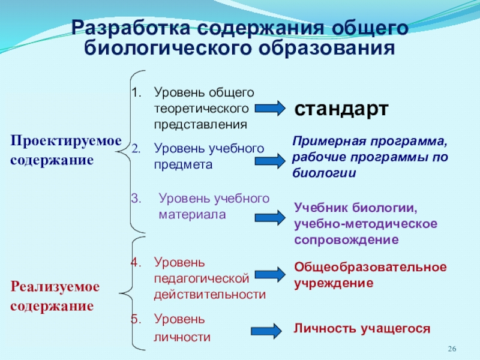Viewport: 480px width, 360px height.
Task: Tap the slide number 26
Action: (453, 350)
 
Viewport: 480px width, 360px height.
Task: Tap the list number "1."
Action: (135, 93)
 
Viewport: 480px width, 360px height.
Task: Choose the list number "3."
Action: (135, 199)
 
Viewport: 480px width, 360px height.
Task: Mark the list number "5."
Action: (135, 319)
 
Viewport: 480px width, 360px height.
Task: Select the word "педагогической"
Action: (200, 278)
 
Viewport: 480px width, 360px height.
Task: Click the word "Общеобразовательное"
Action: (370, 266)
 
